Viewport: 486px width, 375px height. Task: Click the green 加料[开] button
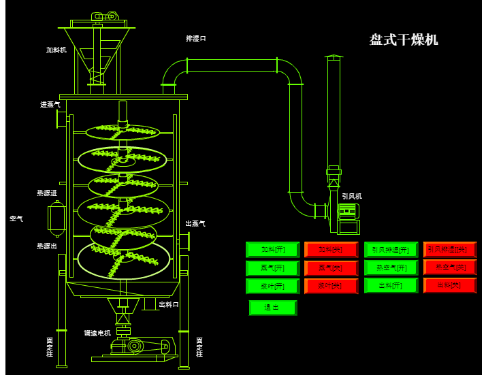[272, 250]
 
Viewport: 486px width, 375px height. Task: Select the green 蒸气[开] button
[272, 267]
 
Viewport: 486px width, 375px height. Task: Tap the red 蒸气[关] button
[331, 267]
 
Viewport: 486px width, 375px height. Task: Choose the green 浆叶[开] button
[272, 285]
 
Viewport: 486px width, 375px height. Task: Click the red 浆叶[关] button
[331, 285]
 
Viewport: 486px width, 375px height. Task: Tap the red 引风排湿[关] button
[450, 250]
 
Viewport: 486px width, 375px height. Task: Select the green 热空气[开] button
[391, 267]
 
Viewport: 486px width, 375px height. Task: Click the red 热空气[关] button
[450, 267]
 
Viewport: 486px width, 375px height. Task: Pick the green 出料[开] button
[391, 285]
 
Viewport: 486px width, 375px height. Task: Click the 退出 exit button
[272, 308]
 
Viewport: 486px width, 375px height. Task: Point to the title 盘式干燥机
[404, 40]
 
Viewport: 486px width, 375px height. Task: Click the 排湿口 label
[195, 39]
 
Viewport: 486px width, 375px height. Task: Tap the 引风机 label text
[352, 196]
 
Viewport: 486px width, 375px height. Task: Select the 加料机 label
[56, 50]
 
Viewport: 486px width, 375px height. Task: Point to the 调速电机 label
[97, 333]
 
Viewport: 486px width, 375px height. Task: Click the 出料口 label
[169, 304]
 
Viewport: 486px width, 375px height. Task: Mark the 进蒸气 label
[50, 105]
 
